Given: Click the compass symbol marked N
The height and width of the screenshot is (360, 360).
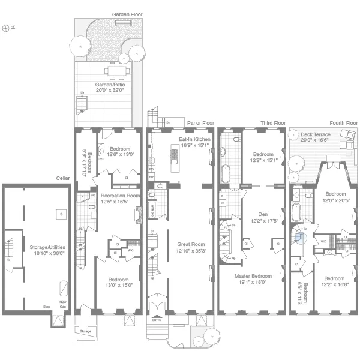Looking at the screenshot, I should [7, 28].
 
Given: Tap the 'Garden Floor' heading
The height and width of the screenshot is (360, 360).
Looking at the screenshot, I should [126, 13].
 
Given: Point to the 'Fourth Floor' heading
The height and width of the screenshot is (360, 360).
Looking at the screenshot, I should [343, 122].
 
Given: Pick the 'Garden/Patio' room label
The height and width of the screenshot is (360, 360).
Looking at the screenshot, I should [109, 85].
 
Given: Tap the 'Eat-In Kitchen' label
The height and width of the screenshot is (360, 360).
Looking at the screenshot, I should [193, 139].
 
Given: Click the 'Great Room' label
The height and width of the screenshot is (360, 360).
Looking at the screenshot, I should [191, 244].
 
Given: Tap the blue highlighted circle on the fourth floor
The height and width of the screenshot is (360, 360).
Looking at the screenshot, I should [301, 237].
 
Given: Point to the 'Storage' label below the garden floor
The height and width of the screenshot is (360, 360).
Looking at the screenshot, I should [85, 330].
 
